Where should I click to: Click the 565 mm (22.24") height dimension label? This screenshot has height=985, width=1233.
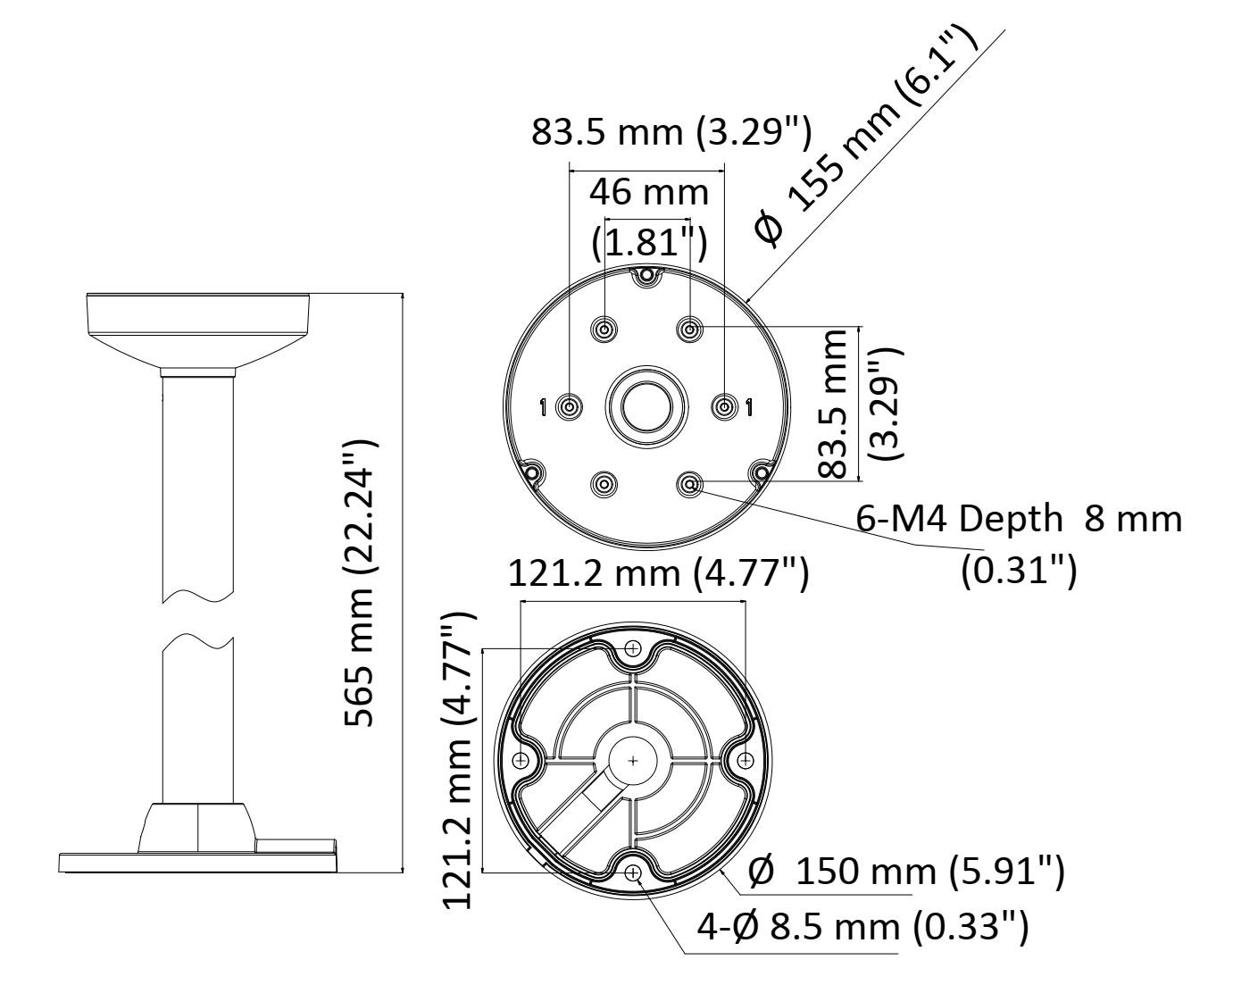click(x=359, y=583)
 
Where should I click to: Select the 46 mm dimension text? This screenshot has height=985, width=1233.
click(x=648, y=192)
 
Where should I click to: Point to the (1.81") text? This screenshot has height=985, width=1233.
click(x=649, y=242)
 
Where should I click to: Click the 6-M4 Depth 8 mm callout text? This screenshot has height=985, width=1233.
click(x=1019, y=519)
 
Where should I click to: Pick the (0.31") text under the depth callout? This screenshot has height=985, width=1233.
click(x=1019, y=570)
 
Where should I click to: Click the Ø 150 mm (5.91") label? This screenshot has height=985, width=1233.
click(x=906, y=872)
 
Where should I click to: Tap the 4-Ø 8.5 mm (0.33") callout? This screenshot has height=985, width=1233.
click(x=862, y=927)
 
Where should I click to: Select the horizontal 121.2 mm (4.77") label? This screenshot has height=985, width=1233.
click(x=658, y=573)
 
